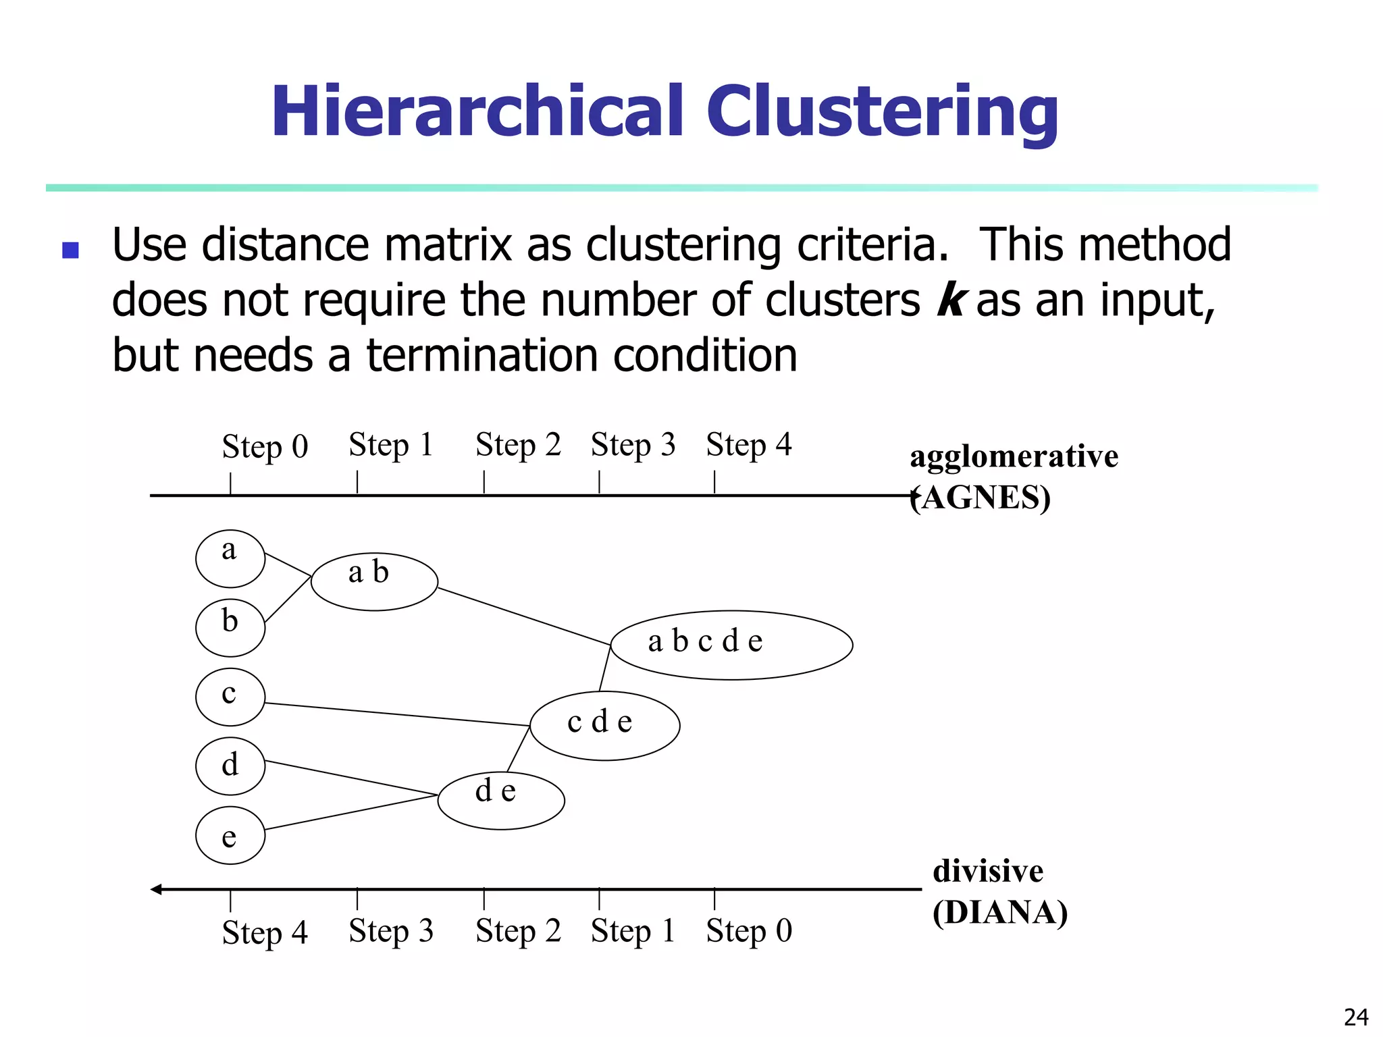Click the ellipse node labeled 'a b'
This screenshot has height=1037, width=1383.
click(374, 581)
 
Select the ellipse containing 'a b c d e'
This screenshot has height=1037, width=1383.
click(731, 645)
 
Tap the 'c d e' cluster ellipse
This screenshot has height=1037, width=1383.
click(604, 725)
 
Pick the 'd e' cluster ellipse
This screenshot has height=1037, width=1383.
click(501, 800)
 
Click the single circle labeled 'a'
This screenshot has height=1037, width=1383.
click(230, 558)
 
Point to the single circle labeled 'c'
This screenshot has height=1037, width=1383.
click(230, 697)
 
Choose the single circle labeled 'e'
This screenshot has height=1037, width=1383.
click(230, 835)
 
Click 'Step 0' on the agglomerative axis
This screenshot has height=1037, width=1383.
click(265, 447)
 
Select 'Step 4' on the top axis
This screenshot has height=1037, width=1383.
click(748, 445)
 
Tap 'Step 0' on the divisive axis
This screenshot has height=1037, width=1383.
click(748, 931)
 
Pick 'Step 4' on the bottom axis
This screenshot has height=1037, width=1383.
click(265, 933)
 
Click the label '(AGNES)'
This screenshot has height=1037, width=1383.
click(981, 498)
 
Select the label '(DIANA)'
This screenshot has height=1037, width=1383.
click(999, 913)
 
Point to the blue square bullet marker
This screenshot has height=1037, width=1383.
click(70, 250)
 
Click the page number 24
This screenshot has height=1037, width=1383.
click(1355, 1017)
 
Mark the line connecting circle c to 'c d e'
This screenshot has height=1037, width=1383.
click(397, 714)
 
